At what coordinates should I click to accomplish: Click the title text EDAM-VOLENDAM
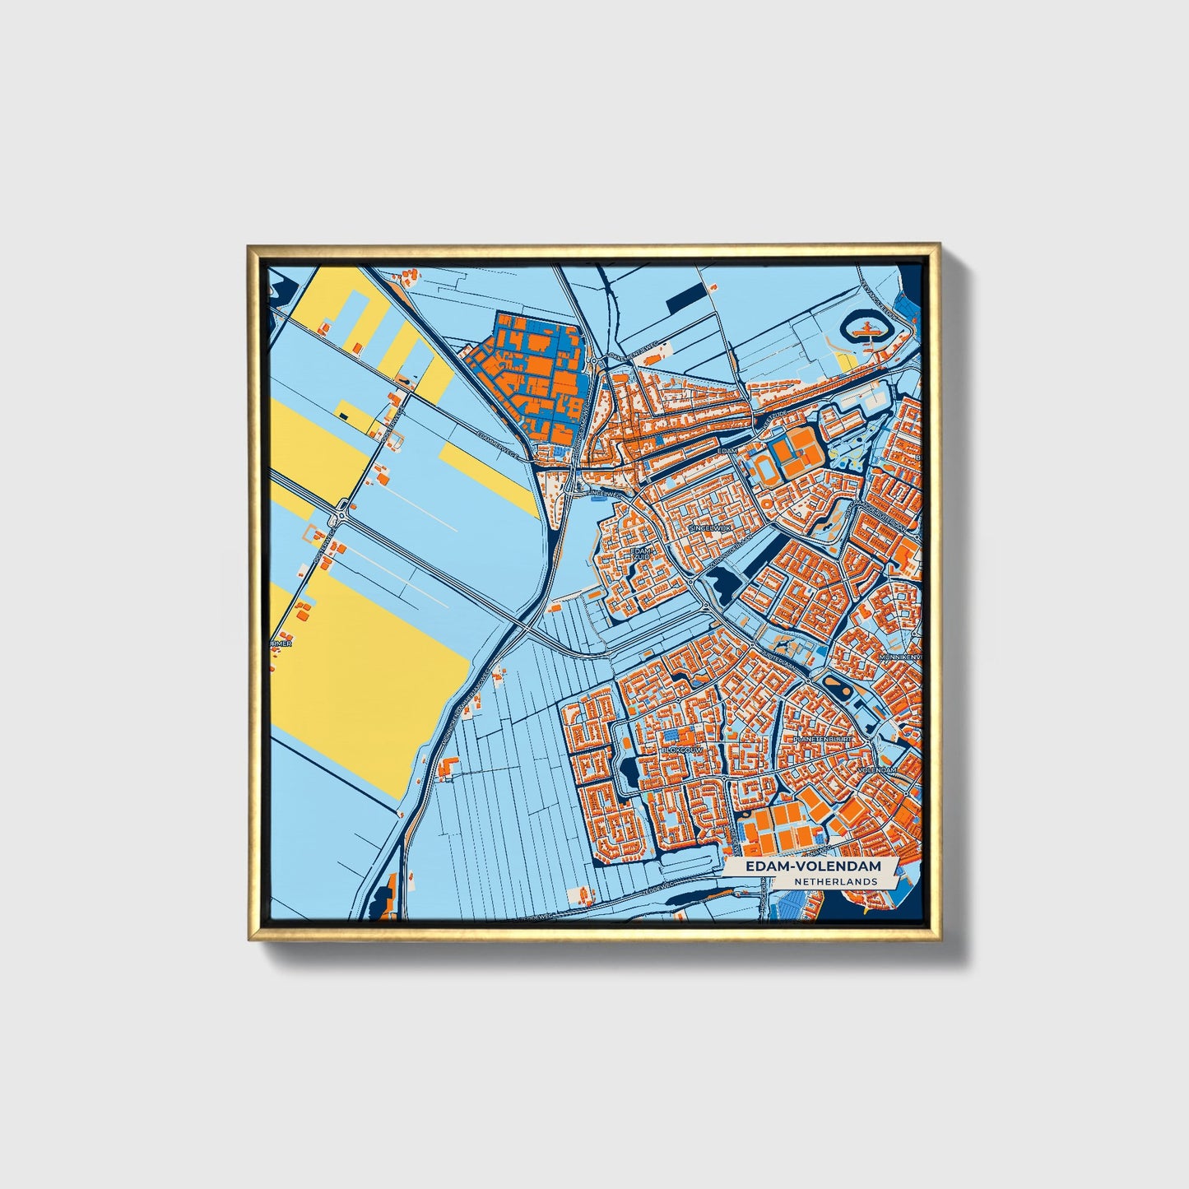[801, 866]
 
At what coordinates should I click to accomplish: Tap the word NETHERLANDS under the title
[835, 881]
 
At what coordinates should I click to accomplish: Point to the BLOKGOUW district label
[680, 750]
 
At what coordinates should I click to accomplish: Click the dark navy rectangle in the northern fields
[685, 300]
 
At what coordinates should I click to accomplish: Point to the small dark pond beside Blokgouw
[629, 771]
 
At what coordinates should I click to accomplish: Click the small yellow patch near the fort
[844, 361]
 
